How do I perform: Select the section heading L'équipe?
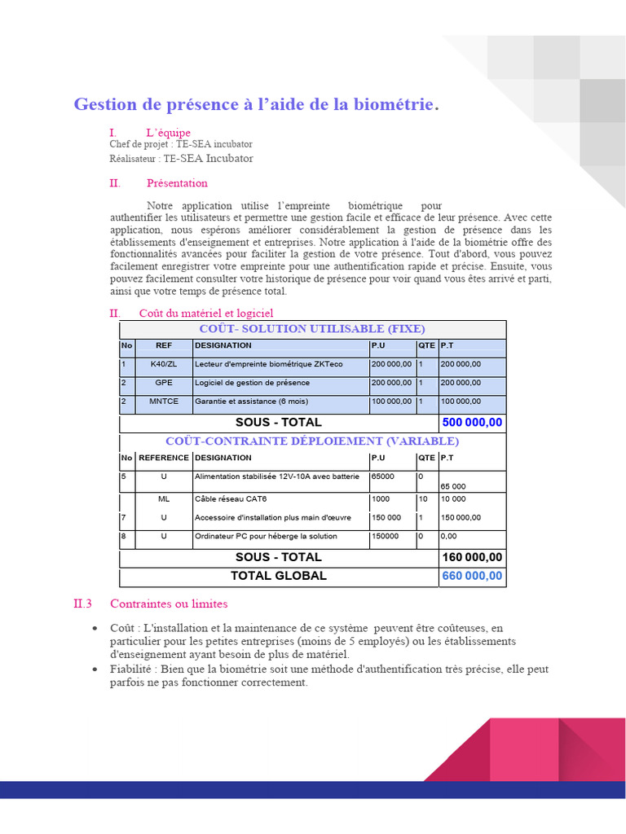169,132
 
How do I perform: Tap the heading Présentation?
177,183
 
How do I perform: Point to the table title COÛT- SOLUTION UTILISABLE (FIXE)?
312,329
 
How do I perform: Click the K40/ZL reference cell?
164,364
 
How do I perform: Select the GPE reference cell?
164,383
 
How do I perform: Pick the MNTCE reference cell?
164,402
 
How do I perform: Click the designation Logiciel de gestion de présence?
252,383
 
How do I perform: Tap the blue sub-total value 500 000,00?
472,423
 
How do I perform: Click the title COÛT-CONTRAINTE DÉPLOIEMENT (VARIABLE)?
312,441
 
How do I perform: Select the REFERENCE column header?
164,459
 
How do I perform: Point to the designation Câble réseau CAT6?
225,498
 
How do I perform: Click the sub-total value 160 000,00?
472,557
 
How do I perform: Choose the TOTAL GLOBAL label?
278,576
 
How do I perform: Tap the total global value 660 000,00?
472,577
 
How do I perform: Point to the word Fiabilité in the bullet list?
133,669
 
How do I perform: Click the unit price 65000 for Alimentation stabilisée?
383,476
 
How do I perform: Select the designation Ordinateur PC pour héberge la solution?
266,537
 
